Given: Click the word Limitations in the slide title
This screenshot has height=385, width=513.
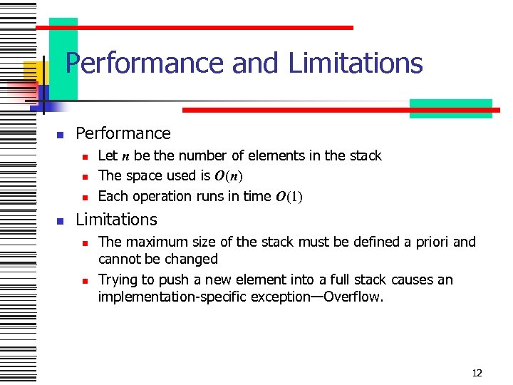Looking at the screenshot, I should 356,63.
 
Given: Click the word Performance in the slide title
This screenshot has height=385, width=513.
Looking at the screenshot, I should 145,63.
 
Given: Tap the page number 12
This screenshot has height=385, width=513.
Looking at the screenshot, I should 477,373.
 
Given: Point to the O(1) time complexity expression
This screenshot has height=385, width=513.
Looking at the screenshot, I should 289,196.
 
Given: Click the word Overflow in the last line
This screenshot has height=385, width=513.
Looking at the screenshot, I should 353,297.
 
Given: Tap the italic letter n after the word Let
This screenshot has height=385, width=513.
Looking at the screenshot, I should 125,156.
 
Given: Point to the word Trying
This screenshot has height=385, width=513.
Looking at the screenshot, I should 119,279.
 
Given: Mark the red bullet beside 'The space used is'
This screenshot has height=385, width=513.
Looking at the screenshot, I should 84,176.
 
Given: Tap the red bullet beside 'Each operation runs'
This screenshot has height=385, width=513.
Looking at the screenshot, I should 84,197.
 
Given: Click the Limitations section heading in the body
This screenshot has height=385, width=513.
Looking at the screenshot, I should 116,219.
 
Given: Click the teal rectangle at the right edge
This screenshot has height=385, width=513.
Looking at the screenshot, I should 450,108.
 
